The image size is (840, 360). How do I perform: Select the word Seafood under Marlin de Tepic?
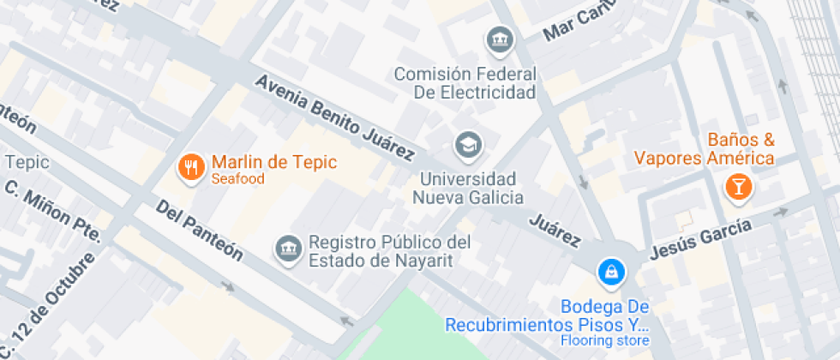[x=237, y=179]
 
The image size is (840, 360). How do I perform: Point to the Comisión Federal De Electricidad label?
[x=465, y=83]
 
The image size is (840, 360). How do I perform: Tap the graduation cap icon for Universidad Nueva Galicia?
[x=468, y=145]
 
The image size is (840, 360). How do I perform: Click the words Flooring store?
[x=605, y=341]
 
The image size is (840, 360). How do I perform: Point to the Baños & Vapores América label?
[x=705, y=149]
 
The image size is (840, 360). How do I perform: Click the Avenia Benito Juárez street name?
[x=335, y=117]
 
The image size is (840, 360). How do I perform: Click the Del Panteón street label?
[x=199, y=231]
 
